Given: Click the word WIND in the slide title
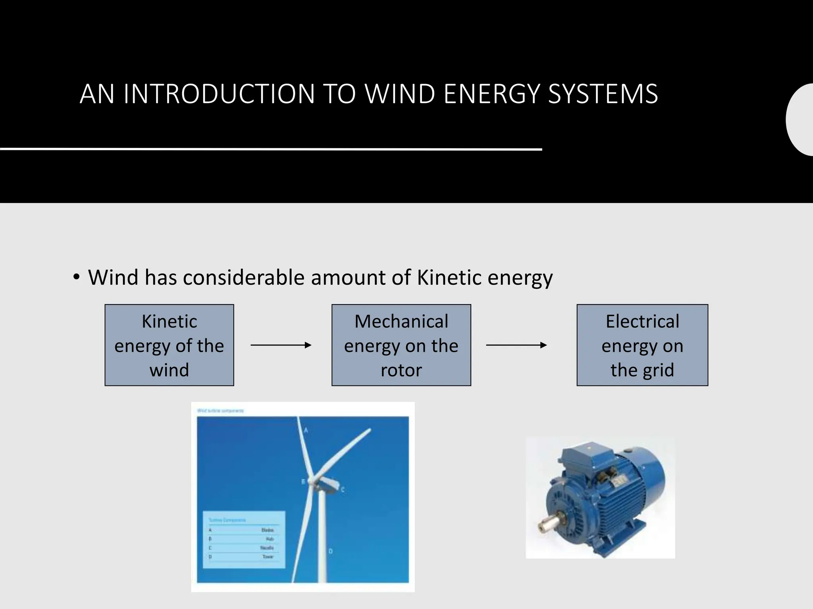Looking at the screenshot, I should pyautogui.click(x=399, y=94).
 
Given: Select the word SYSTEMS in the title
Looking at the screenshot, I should pyautogui.click(x=603, y=94).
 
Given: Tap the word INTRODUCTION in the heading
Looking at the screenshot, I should pyautogui.click(x=219, y=94).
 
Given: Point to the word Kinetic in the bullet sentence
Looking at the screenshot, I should pyautogui.click(x=449, y=277).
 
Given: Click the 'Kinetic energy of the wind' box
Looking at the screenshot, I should pyautogui.click(x=169, y=345).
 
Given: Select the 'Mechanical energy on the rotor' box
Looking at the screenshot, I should pyautogui.click(x=401, y=345).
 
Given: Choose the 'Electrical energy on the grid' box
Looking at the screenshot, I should pyautogui.click(x=642, y=345).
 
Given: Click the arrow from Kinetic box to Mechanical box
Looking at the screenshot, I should pyautogui.click(x=281, y=345).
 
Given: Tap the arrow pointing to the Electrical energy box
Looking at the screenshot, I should pyautogui.click(x=516, y=345).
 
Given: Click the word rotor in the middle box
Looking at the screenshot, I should pyautogui.click(x=401, y=370).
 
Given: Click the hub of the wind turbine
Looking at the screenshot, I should pyautogui.click(x=313, y=481).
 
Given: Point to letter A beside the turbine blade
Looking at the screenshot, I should pyautogui.click(x=306, y=430).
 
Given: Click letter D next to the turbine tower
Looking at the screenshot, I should pyautogui.click(x=330, y=551).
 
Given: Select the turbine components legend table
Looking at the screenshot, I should pyautogui.click(x=244, y=539).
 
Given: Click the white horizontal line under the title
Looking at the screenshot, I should pyautogui.click(x=271, y=149).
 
